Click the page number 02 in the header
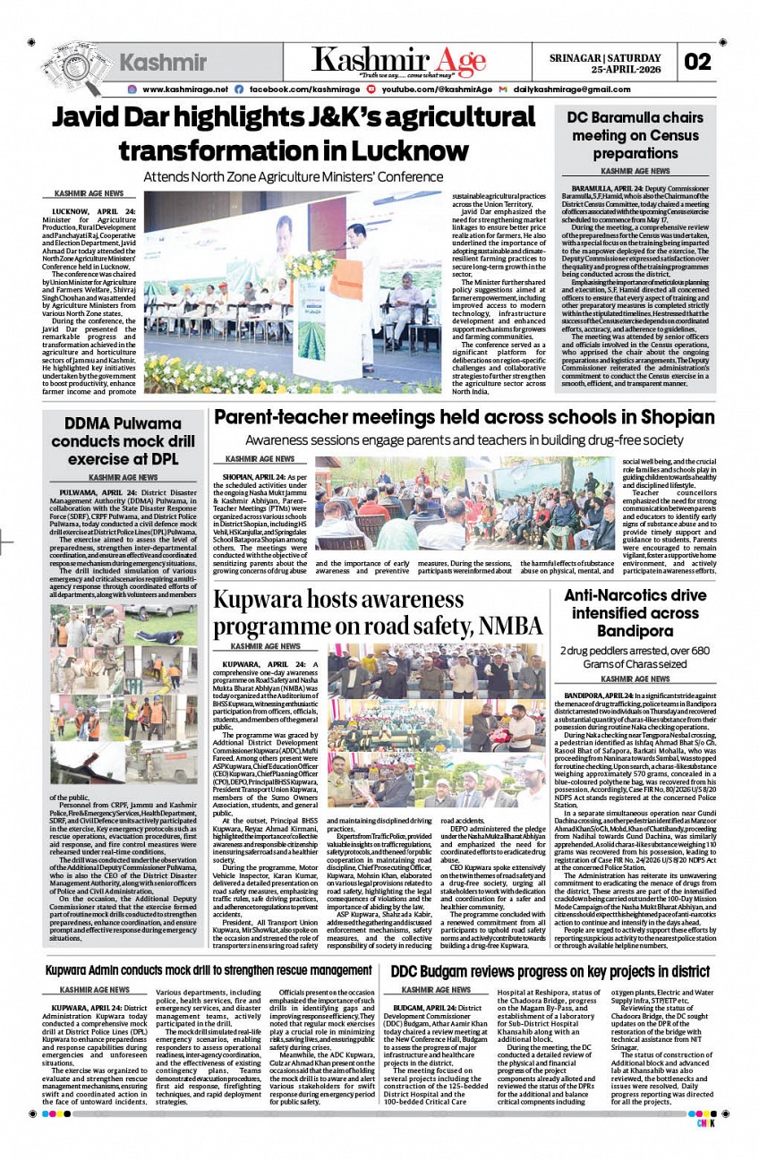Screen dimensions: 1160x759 pyautogui.click(x=698, y=61)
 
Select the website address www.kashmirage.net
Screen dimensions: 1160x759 pyautogui.click(x=183, y=90)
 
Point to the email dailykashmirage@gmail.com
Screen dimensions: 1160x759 pyautogui.click(x=567, y=90)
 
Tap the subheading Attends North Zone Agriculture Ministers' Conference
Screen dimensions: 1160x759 pyautogui.click(x=292, y=176)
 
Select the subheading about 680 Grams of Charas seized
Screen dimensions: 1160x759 pyautogui.click(x=635, y=656)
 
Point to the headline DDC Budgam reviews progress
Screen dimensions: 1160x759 pyautogui.click(x=550, y=971)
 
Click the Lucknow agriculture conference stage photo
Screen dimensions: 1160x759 pyautogui.click(x=293, y=292)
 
